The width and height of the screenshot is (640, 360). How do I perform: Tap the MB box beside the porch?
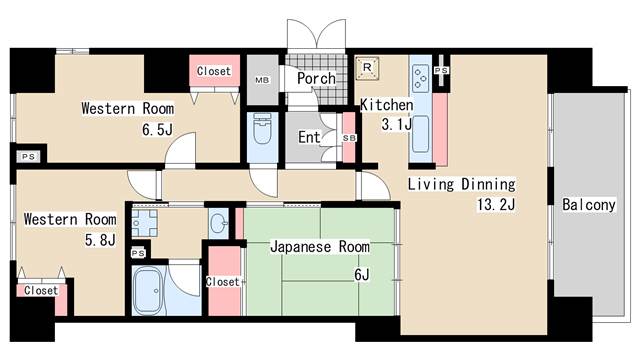263,79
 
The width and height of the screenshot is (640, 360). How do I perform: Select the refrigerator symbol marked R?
368,69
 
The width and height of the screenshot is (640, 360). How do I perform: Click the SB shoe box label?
349,137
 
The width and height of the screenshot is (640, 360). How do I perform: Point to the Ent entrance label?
309,137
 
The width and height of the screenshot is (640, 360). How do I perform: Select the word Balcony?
588,205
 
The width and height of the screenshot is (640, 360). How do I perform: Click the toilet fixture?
263,131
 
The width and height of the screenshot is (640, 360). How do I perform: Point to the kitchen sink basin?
420,132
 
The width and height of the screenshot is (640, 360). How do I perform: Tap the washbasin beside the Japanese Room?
218,221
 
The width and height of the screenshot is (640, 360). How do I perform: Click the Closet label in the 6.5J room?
213,72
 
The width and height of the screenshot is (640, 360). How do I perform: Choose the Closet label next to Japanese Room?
222,282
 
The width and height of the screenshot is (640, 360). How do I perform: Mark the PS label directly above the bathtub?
137,253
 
